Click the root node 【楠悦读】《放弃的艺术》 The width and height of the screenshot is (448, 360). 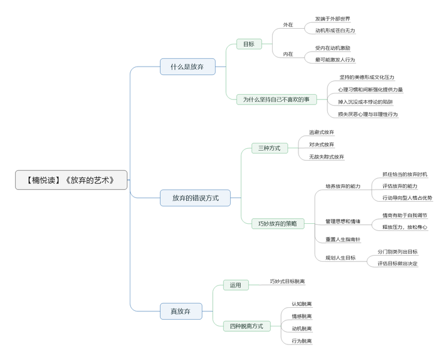pyautogui.click(x=71, y=180)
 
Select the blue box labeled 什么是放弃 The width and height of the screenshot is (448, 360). pyautogui.click(x=187, y=67)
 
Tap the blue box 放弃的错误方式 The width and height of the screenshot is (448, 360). pyautogui.click(x=195, y=198)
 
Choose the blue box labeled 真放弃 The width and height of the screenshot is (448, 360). pyautogui.click(x=181, y=311)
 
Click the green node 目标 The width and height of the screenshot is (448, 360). pyautogui.click(x=249, y=44)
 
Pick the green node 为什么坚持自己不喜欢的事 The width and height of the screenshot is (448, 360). pyautogui.click(x=276, y=100)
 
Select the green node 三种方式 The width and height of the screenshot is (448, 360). pyautogui.click(x=269, y=148)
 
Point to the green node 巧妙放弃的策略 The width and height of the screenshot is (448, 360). pyautogui.click(x=277, y=224)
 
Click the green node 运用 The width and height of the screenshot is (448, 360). pyautogui.click(x=235, y=286)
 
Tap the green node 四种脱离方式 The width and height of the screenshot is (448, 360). pyautogui.click(x=246, y=326)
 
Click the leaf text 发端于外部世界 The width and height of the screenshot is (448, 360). pyautogui.click(x=332, y=19)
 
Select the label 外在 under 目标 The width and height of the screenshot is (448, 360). pyautogui.click(x=288, y=25)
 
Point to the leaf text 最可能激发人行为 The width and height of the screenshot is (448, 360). pyautogui.click(x=335, y=60)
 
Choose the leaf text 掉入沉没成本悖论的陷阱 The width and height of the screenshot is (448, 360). pyautogui.click(x=365, y=102)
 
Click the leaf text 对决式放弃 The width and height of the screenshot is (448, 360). pyautogui.click(x=321, y=145)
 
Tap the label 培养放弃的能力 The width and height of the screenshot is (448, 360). pyautogui.click(x=343, y=186)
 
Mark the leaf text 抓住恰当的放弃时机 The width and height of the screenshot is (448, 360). pyautogui.click(x=405, y=174)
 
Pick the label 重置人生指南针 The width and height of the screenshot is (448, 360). pyautogui.click(x=343, y=239)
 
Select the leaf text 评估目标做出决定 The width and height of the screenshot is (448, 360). pyautogui.click(x=398, y=263)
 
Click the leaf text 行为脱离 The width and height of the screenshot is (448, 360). pyautogui.click(x=302, y=341)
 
